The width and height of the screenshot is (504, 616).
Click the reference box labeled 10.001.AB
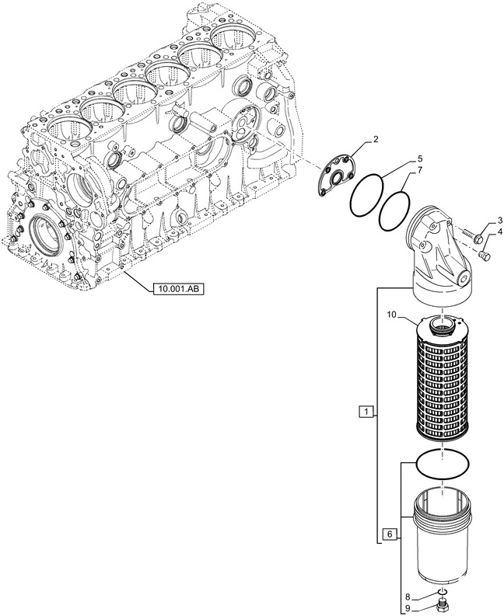179,288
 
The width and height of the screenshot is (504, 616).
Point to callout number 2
376,140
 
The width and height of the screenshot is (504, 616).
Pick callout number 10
394,314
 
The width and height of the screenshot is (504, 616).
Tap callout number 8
407,596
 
